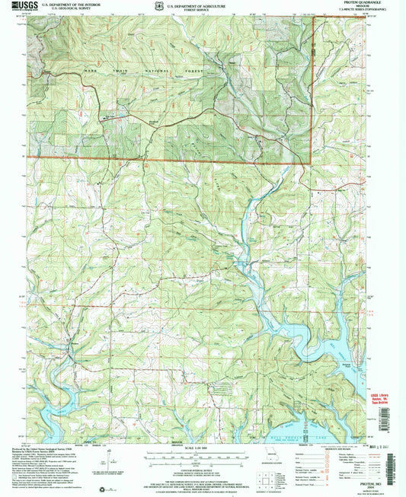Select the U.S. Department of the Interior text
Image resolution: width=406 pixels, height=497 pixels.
[x=82, y=4]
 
